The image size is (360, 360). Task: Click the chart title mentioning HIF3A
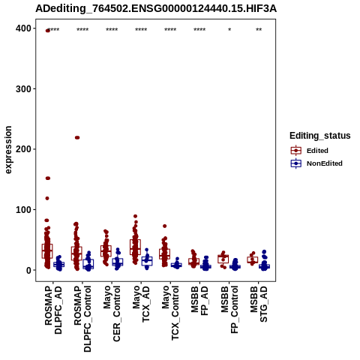[156, 9]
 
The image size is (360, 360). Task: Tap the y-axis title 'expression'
[8, 150]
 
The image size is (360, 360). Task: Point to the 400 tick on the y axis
[23, 28]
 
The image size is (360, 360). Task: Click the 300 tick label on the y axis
[23, 88]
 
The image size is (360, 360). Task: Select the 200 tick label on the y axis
[23, 149]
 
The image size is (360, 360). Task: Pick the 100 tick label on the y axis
[23, 209]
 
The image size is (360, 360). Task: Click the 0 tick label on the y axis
[28, 270]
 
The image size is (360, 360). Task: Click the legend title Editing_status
[320, 136]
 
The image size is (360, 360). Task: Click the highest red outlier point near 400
[47, 31]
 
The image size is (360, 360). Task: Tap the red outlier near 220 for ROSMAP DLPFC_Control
[77, 137]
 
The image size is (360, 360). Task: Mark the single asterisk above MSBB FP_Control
[229, 30]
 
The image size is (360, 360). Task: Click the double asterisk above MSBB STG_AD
[259, 30]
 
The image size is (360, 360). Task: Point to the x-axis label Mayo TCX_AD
[141, 304]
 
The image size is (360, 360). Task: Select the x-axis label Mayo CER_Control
[112, 314]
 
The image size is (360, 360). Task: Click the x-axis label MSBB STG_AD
[259, 304]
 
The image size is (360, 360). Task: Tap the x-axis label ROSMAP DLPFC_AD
[53, 310]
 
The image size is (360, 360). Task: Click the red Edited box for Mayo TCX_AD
[135, 247]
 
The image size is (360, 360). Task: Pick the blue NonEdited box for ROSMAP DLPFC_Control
[88, 264]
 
